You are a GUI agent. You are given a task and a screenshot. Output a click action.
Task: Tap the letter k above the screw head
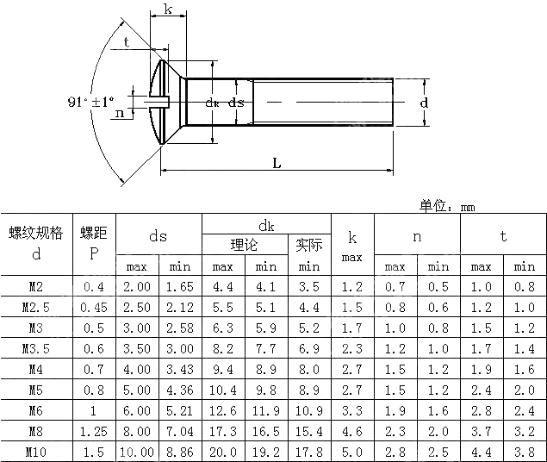click(x=166, y=10)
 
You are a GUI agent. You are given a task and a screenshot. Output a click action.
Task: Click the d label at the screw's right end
click(x=424, y=103)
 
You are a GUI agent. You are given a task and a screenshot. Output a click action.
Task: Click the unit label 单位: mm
click(x=446, y=206)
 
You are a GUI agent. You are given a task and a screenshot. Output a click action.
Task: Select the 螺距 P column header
click(x=93, y=243)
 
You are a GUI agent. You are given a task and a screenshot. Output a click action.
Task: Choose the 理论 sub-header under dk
click(x=244, y=245)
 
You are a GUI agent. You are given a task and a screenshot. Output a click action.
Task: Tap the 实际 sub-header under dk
click(x=308, y=245)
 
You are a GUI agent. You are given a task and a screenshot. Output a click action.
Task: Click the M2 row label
click(x=36, y=286)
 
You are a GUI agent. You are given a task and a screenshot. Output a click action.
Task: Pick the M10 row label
click(x=36, y=451)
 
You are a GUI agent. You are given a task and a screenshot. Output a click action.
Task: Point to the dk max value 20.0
click(x=222, y=451)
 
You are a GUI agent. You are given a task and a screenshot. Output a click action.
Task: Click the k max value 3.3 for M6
click(x=351, y=409)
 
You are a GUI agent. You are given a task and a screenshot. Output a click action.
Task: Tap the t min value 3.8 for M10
click(x=525, y=451)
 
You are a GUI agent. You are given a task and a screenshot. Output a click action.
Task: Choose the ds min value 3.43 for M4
click(x=179, y=369)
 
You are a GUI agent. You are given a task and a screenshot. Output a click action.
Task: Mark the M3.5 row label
click(x=36, y=348)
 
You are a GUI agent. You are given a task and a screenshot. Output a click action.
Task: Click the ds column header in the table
click(x=158, y=235)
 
